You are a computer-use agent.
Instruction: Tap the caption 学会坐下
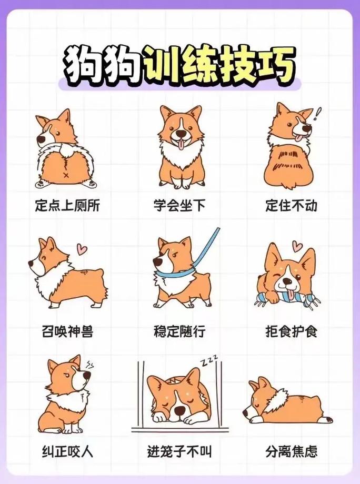[179, 205]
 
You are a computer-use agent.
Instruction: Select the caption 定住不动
[291, 205]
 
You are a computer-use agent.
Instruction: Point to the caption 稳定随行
[179, 331]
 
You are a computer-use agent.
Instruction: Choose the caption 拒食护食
[291, 331]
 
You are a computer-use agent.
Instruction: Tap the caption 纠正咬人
[67, 451]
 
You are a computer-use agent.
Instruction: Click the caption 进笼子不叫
[179, 451]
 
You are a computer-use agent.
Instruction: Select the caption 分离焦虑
[291, 451]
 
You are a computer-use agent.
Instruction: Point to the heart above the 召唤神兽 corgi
[82, 248]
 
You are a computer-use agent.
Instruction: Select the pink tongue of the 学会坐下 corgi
[181, 144]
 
